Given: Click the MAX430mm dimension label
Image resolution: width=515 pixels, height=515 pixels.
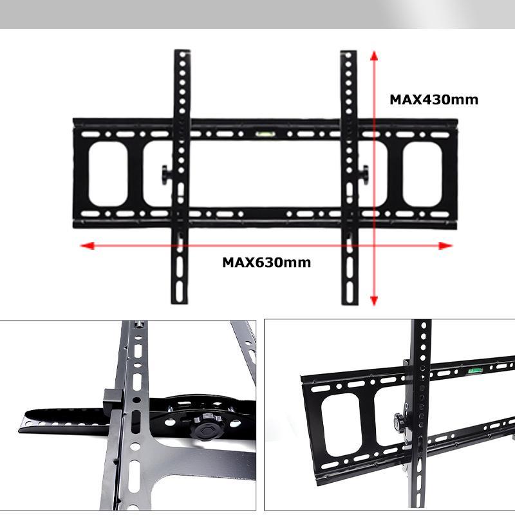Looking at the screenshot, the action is [x=433, y=100].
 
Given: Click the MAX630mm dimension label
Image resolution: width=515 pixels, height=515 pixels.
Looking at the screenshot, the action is [x=267, y=263].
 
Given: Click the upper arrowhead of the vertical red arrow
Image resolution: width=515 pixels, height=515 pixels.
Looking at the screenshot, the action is [x=374, y=56].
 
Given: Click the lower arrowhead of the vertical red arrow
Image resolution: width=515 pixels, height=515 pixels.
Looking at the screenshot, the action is [x=374, y=301].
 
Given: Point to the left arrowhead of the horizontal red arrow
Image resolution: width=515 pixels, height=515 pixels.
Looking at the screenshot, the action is [x=88, y=246].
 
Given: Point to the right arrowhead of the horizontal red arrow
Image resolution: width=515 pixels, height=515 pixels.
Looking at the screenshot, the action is [x=445, y=246].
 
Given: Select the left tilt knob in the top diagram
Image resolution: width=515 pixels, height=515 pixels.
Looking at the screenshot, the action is [x=166, y=174].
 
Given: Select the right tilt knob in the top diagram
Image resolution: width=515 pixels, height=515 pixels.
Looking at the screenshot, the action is [x=364, y=174].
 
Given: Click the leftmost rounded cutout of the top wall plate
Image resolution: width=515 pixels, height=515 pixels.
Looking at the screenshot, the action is [x=108, y=174].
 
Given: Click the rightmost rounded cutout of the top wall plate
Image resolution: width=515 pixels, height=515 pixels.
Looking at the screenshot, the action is [x=422, y=174].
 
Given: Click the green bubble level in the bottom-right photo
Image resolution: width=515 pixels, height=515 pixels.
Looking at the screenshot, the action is [x=474, y=371].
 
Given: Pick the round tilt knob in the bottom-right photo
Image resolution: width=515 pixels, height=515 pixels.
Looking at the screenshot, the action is [x=398, y=422].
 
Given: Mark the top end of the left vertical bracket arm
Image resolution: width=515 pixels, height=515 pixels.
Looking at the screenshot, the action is [x=182, y=51].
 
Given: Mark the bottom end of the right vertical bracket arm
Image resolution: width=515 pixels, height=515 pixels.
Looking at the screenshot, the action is [x=350, y=304].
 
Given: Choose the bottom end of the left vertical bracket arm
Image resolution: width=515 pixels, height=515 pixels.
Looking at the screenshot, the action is [x=180, y=303].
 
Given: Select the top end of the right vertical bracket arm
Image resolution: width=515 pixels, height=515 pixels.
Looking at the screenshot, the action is [x=348, y=51].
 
